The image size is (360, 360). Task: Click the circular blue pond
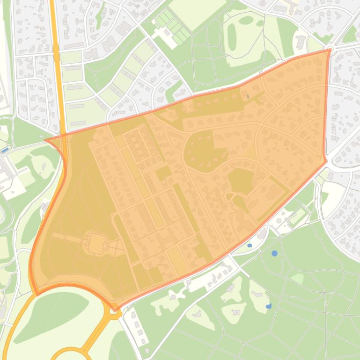274,253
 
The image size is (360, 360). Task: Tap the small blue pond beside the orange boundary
250,245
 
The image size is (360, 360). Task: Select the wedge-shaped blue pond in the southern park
268,306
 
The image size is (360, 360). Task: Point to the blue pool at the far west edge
4,150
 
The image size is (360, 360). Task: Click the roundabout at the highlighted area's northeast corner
330,49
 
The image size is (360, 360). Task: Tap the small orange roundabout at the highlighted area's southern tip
114,309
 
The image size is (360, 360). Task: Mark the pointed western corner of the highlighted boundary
45,140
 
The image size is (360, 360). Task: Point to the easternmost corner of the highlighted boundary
326,161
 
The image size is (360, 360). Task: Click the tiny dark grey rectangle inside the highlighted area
248,96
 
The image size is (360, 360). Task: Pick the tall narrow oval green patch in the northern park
232,37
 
